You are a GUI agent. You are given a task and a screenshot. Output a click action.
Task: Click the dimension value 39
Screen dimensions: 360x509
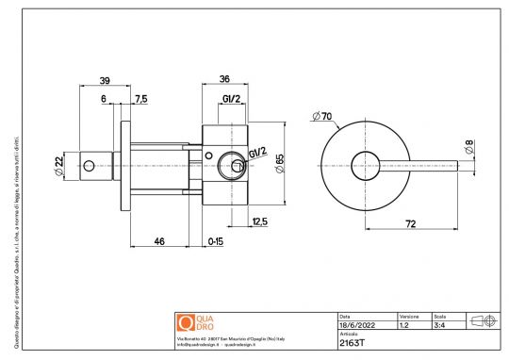[105, 82]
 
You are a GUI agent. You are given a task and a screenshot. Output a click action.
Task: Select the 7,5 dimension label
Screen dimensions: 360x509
[140, 99]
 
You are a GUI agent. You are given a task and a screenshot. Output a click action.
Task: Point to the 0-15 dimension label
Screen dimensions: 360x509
[215, 242]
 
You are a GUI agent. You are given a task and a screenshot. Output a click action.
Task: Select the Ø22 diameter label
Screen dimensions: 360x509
[59, 166]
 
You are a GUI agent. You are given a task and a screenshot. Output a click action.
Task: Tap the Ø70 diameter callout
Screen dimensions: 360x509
[323, 117]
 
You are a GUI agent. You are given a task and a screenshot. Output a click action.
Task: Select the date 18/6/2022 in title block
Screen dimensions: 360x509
[356, 325]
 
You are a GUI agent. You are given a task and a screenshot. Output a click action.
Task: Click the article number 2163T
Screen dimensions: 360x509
[352, 343]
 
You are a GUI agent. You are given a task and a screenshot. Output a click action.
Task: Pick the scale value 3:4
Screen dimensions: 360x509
[439, 325]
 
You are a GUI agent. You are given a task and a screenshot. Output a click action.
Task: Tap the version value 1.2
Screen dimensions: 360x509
[404, 325]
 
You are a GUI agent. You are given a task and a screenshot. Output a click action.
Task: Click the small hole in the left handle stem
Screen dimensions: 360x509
[89, 166]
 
